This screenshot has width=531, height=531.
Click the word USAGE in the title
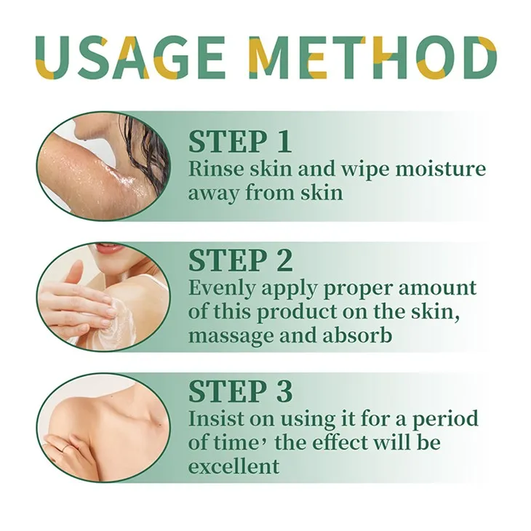pyautogui.click(x=135, y=57)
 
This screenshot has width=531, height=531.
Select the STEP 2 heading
pyautogui.click(x=241, y=260)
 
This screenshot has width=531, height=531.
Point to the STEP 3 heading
pyautogui.click(x=241, y=391)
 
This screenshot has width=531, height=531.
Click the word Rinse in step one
pyautogui.click(x=212, y=169)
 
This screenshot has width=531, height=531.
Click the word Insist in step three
pyautogui.click(x=212, y=419)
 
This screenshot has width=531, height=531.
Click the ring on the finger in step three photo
pyautogui.click(x=67, y=449)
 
